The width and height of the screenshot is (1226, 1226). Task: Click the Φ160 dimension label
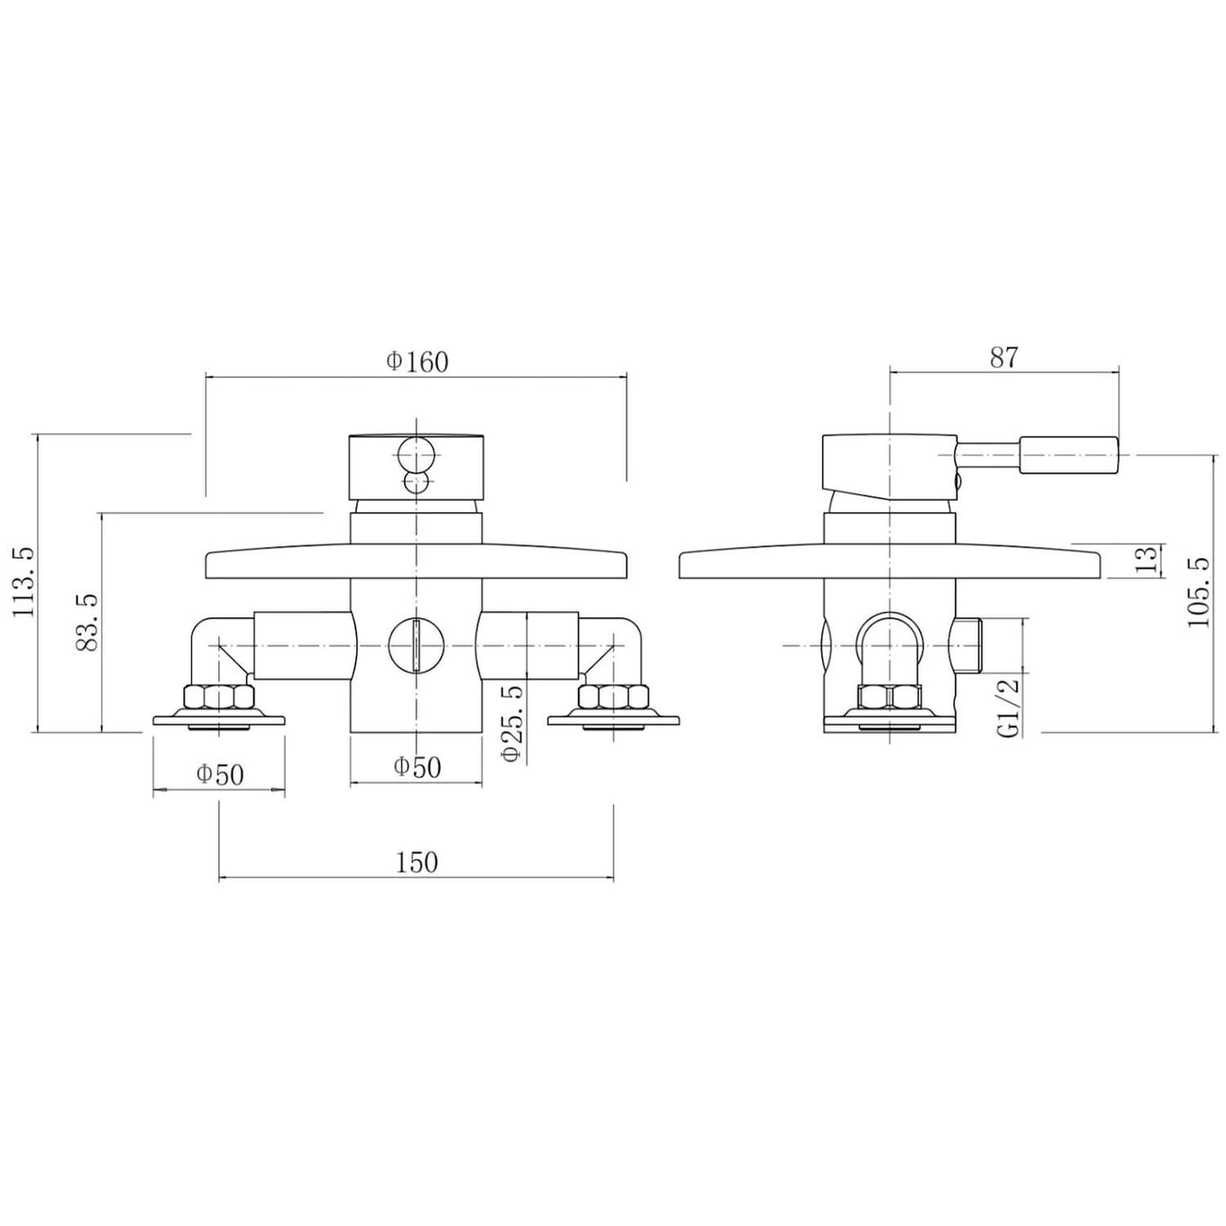417,361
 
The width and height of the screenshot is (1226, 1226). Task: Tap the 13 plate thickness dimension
1148,560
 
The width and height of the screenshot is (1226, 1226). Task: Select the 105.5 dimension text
1197,592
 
